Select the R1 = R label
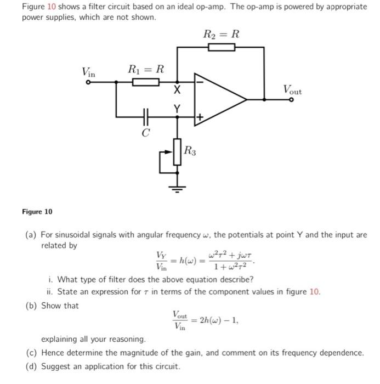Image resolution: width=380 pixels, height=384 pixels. click(146, 69)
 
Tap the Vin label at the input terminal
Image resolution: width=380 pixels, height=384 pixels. click(88, 71)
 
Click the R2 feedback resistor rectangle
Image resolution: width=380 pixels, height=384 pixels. click(221, 47)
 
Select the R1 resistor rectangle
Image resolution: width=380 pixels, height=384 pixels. click(146, 82)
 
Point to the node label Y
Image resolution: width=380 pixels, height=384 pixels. click(177, 109)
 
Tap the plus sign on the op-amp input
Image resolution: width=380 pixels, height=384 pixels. click(200, 117)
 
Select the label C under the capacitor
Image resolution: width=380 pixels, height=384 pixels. click(145, 132)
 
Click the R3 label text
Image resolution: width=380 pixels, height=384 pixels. click(189, 149)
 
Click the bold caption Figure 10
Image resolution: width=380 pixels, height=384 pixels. click(37, 211)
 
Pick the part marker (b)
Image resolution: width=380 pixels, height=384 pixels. click(32, 306)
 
